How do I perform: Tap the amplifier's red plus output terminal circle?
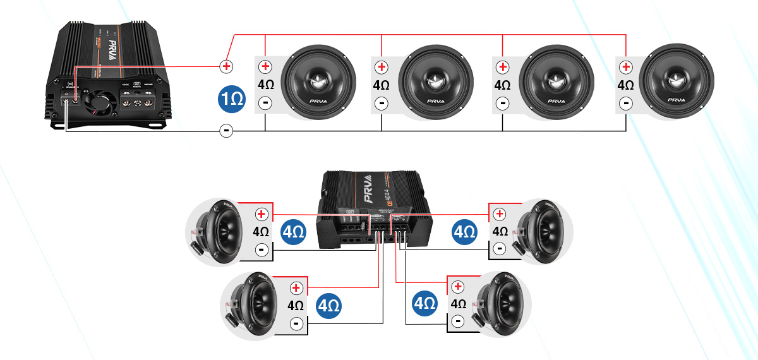tap(226, 66)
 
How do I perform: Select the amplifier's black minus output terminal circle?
tap(226, 131)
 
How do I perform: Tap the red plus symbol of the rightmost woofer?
tap(625, 67)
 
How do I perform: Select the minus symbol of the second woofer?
tap(381, 102)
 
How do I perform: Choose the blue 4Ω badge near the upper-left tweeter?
tap(293, 232)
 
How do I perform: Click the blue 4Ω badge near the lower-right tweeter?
tap(424, 304)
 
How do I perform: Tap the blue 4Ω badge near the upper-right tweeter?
tap(465, 232)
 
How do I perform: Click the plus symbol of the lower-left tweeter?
tap(295, 288)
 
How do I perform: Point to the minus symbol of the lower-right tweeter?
tap(458, 322)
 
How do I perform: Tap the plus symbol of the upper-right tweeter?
tap(499, 215)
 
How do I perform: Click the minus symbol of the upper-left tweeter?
tap(261, 250)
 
